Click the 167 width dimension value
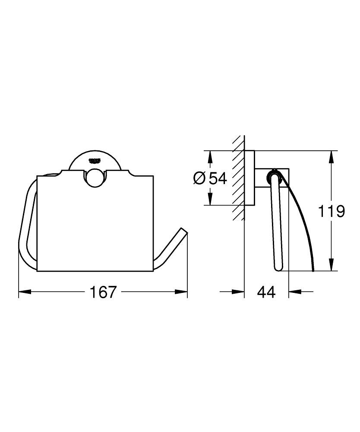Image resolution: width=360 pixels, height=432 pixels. [103, 292]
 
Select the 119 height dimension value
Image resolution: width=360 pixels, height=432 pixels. [331, 211]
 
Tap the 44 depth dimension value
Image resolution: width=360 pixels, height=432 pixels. [266, 292]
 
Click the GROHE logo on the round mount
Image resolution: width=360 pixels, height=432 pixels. [95, 160]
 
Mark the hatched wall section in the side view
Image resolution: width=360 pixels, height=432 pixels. [238, 177]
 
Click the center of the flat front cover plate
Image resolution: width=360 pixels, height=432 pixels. [95, 225]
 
